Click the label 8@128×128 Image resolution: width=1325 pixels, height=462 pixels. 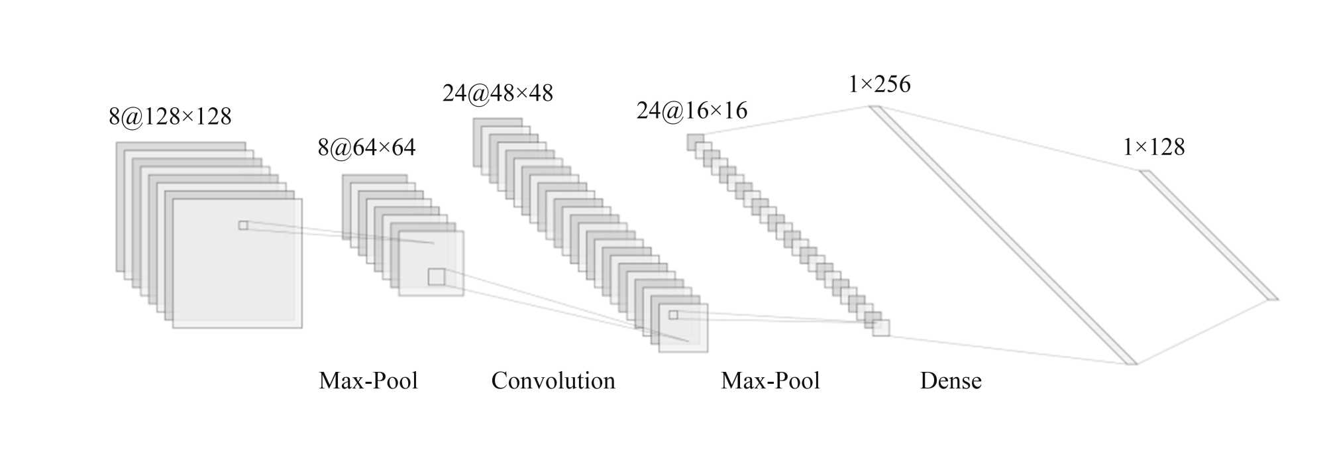tap(170, 117)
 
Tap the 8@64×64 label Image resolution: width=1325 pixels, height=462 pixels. tap(366, 147)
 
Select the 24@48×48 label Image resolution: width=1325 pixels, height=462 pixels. tap(498, 93)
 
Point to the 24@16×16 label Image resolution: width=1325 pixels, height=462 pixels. tap(692, 111)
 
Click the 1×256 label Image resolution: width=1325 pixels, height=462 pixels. tap(879, 84)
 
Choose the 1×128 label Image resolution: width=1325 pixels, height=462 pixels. tap(1153, 147)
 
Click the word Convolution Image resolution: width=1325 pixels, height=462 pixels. tap(553, 381)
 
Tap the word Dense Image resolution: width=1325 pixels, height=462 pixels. tap(951, 381)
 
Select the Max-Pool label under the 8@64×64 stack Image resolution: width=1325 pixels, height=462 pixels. tap(368, 381)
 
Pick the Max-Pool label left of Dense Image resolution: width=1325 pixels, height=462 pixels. tap(770, 381)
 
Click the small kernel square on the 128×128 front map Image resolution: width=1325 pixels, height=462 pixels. tap(243, 225)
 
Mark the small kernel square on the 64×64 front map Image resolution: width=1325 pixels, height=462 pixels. tap(437, 276)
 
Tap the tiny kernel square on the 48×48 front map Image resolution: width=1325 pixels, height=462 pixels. tap(673, 315)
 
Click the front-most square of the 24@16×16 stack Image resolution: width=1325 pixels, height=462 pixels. tap(881, 327)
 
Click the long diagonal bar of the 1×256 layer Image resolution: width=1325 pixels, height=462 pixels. tap(1004, 235)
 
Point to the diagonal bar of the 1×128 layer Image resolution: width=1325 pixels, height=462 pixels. tap(1208, 235)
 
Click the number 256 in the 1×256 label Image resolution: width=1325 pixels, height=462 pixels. tap(892, 84)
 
